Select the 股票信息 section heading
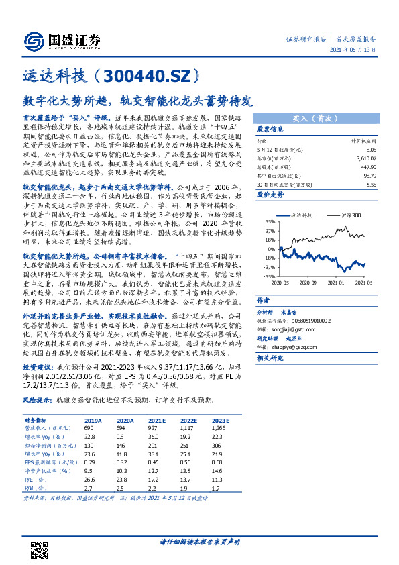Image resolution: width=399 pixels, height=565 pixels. [x=270, y=130]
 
